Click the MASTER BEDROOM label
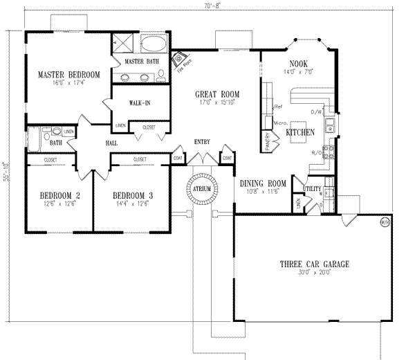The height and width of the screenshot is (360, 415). pos(68,75)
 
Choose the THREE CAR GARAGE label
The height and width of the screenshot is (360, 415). pos(313,264)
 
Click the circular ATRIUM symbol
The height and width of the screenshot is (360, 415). pos(203,187)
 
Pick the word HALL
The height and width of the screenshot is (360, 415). pos(111,143)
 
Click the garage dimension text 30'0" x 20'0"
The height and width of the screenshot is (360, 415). pos(313,273)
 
